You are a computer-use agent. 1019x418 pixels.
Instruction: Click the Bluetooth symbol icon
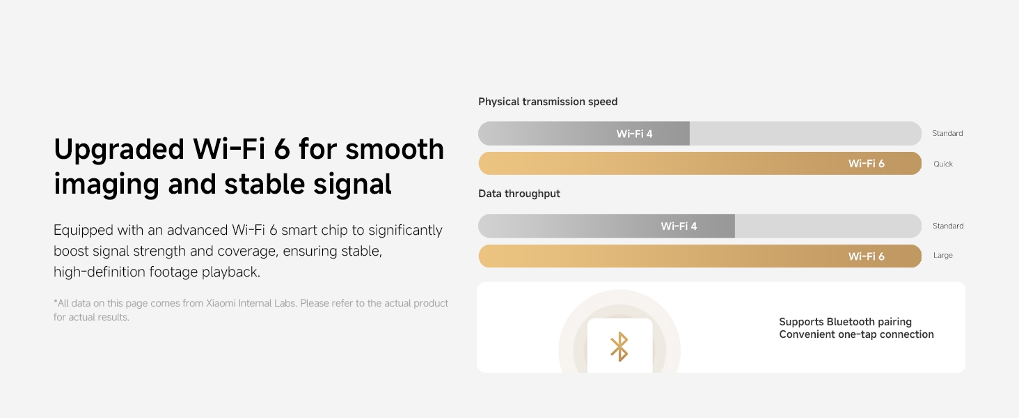[x=619, y=347]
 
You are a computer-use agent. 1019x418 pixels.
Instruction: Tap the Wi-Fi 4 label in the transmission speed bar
[x=634, y=134]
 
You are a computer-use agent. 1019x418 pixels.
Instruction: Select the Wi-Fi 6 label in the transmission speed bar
[x=866, y=164]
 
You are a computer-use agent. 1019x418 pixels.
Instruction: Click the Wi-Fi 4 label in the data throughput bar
[x=679, y=226]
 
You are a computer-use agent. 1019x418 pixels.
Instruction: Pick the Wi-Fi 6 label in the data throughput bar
[x=866, y=256]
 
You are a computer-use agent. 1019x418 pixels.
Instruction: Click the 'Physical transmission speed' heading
[x=548, y=102]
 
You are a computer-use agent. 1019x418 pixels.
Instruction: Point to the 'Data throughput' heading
[x=519, y=194]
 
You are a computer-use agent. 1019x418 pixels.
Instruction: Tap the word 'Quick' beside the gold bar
[x=943, y=164]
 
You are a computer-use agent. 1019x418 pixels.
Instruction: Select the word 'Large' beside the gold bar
[x=942, y=256]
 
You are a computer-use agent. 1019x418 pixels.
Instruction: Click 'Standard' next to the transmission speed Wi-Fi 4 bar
[x=947, y=134]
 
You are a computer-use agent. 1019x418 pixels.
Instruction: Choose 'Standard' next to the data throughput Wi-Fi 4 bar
[x=947, y=226]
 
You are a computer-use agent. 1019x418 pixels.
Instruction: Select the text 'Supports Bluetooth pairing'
[x=845, y=322]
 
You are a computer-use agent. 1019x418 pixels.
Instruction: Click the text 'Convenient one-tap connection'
[x=856, y=334]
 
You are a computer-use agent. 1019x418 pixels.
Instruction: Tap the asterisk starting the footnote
[x=56, y=302]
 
